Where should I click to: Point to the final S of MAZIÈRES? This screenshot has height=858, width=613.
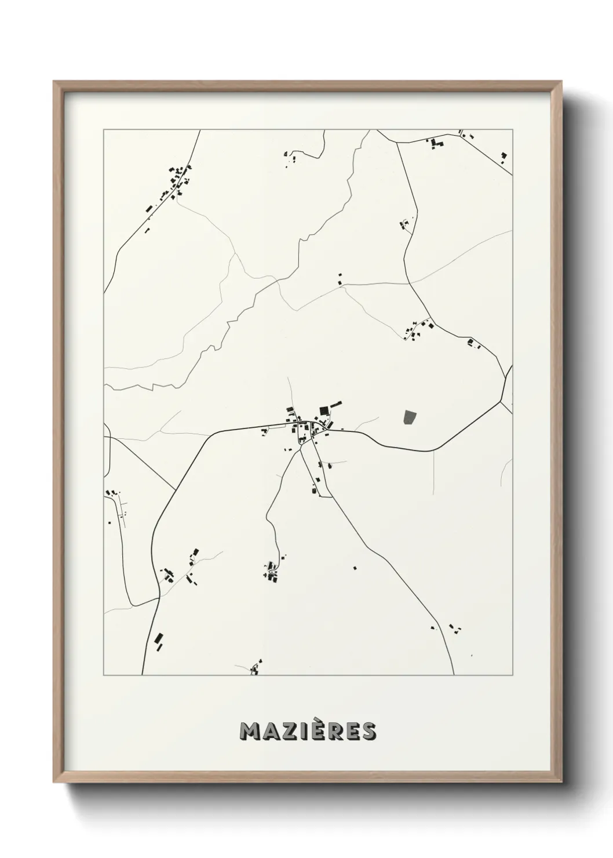368,732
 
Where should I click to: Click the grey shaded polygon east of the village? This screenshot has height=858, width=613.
410,417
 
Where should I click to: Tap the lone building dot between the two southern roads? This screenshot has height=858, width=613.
355,568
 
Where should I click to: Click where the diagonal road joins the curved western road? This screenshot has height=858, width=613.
175,490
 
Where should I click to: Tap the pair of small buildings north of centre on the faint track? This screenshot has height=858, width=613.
340,279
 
